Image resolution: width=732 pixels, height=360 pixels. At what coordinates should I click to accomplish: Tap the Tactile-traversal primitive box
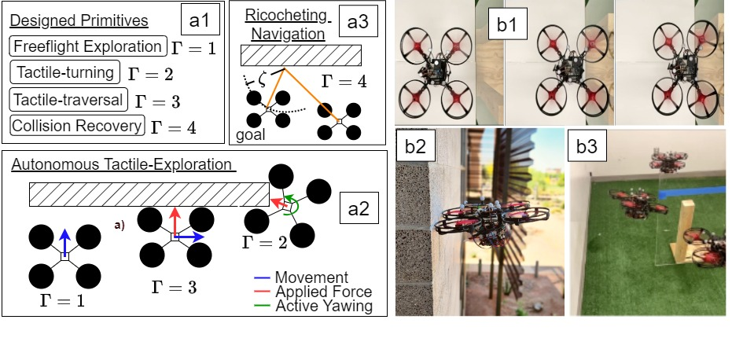[68, 99]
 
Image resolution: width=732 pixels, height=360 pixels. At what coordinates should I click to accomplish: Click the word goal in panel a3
[251, 134]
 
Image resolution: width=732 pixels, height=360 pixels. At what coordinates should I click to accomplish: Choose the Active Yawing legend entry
[324, 306]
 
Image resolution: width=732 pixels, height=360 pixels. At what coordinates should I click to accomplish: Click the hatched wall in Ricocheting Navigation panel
[301, 55]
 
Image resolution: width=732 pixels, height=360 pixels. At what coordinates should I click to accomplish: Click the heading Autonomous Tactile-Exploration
[122, 165]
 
